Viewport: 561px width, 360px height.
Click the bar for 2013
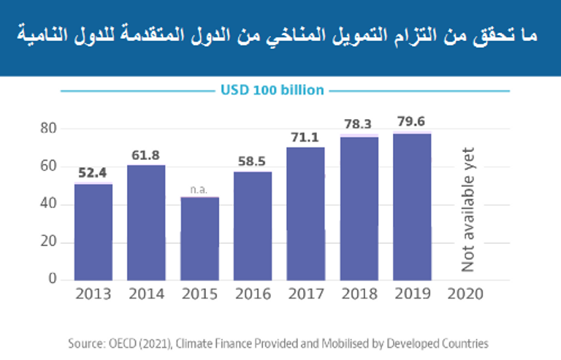[x=93, y=231]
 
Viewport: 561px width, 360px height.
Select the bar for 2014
[x=146, y=222]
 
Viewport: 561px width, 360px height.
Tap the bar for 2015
[x=199, y=238]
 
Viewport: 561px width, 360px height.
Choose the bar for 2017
[x=305, y=213]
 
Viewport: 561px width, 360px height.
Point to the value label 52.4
[x=93, y=173]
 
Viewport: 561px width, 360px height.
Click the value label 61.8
[x=146, y=155]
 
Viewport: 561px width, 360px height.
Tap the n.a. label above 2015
[x=199, y=189]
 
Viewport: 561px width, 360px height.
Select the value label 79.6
[x=412, y=121]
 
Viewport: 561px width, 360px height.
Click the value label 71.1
[x=305, y=137]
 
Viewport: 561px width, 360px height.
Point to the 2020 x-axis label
[x=465, y=294]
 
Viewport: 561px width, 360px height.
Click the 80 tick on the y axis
[x=48, y=129]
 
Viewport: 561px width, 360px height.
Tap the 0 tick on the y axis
[x=53, y=279]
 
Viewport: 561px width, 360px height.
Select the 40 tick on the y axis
[x=48, y=204]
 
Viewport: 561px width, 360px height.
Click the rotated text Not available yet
[x=467, y=210]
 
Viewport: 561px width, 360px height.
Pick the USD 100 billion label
[x=272, y=91]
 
